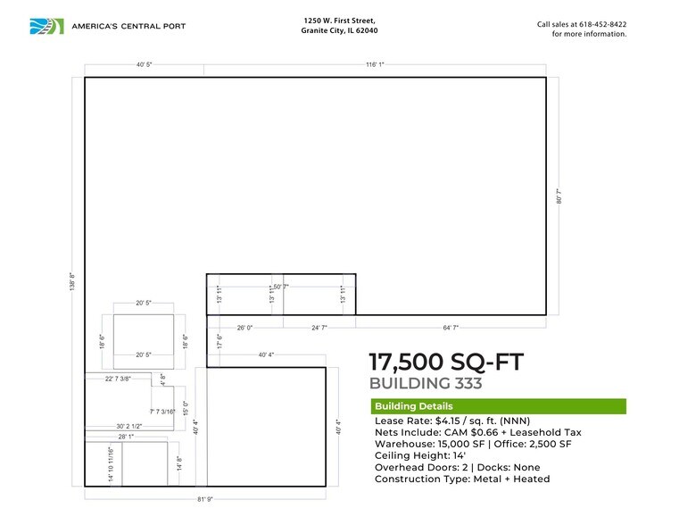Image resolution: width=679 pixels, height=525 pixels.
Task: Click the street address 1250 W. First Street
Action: [338, 20]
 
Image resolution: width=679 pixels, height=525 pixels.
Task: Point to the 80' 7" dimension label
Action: [559, 196]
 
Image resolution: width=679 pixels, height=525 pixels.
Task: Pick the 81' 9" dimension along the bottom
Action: [205, 498]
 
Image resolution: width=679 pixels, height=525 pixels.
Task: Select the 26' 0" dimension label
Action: [245, 329]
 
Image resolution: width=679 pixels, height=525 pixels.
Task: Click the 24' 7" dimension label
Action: [319, 329]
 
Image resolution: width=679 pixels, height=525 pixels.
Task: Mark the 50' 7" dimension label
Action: [281, 287]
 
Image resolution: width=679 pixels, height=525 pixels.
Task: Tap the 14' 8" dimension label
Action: [179, 464]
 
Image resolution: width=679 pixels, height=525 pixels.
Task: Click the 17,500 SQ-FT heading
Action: [445, 362]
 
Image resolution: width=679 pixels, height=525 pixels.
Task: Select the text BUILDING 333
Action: [426, 384]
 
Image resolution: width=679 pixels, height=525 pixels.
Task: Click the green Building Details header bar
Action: [498, 406]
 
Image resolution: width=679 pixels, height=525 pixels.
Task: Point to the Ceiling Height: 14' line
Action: [425, 455]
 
